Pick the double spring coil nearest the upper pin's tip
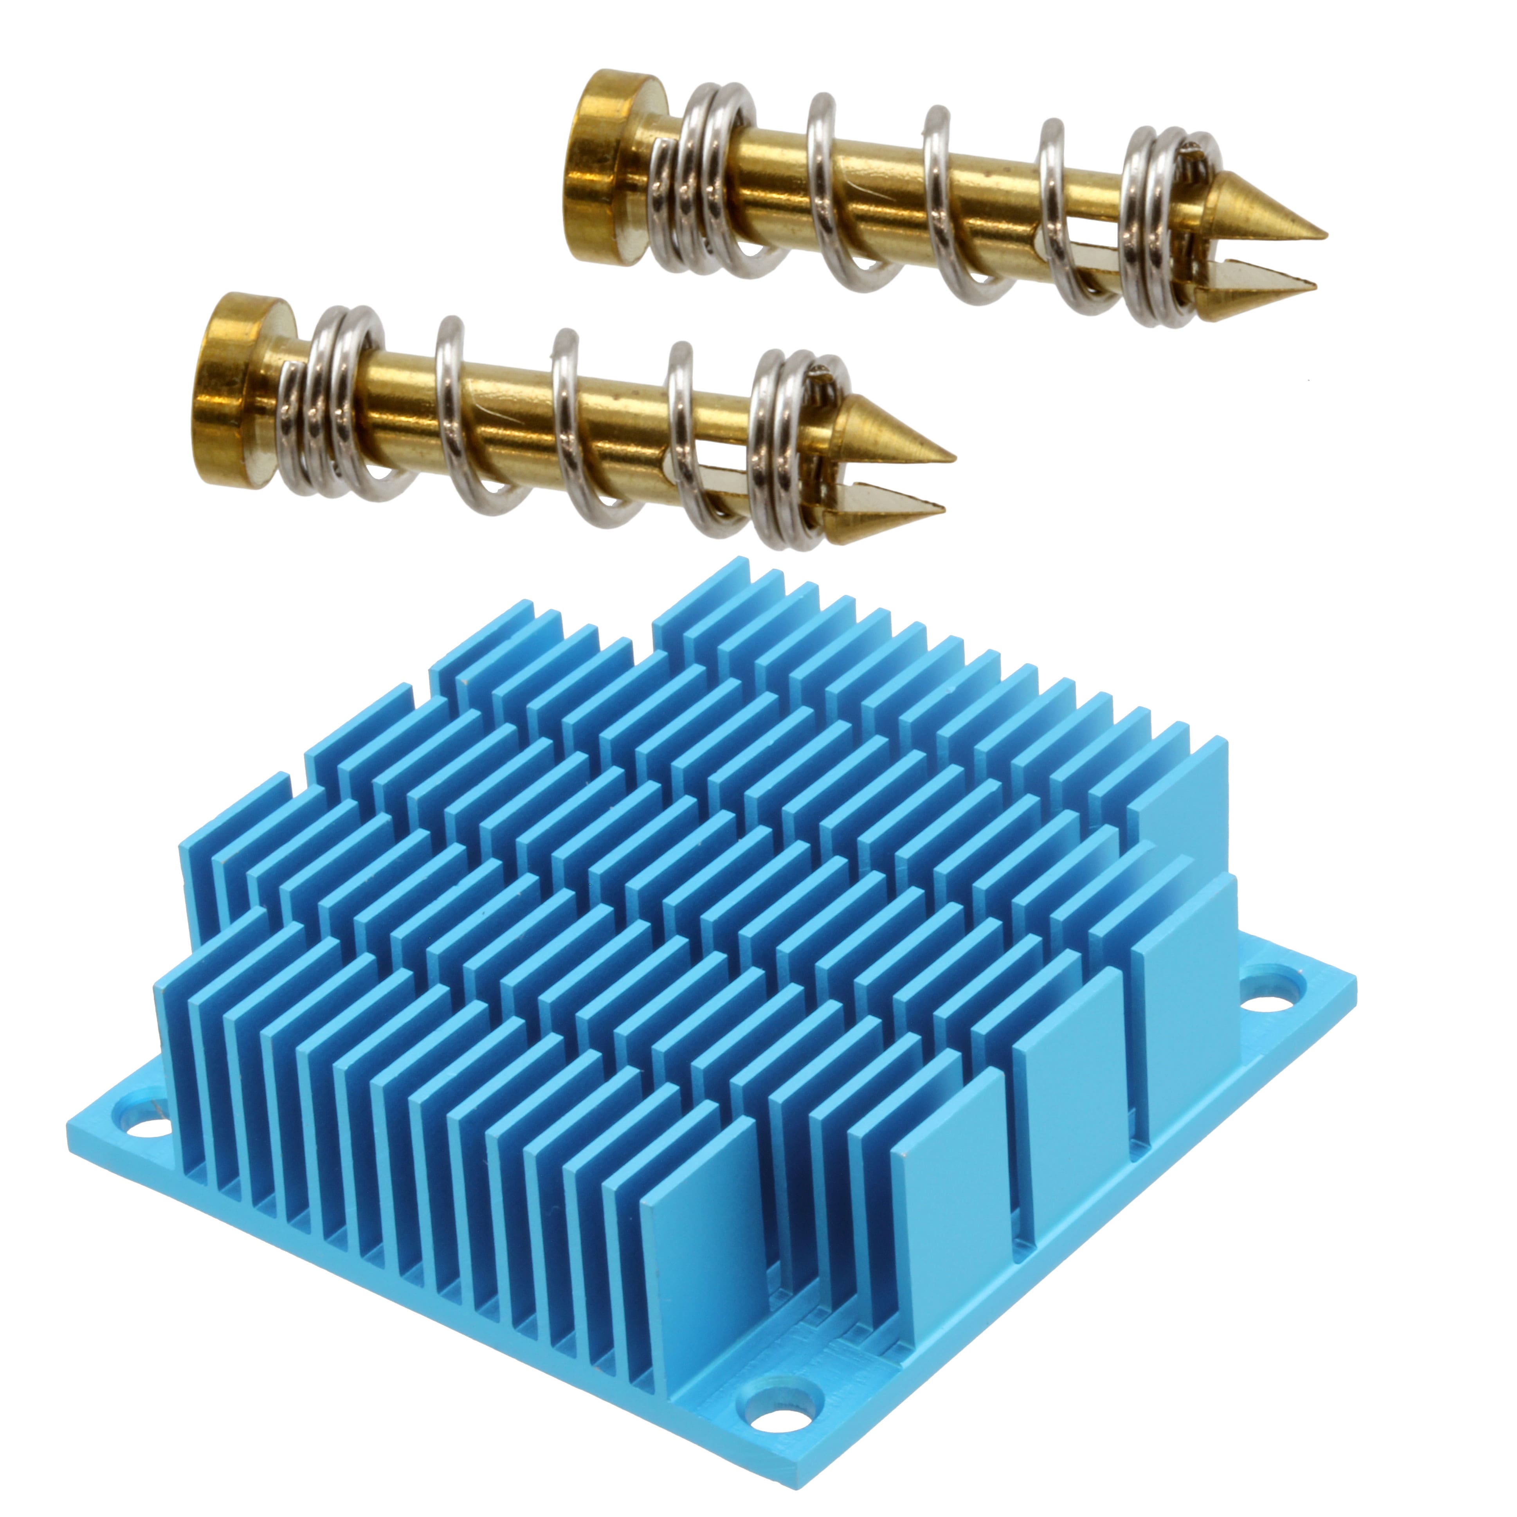click(x=1154, y=228)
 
